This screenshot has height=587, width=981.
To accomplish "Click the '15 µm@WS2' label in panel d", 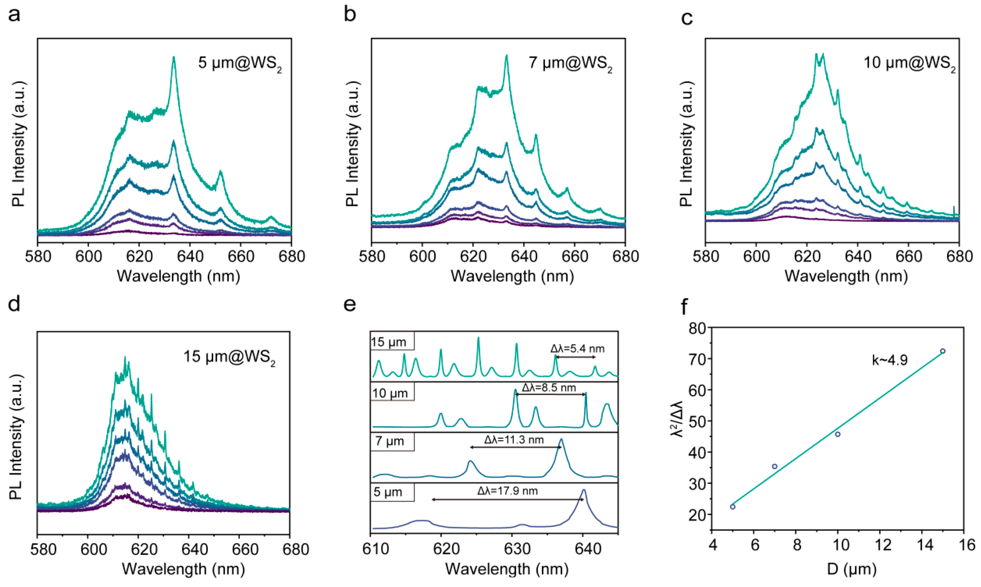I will pos(229,357).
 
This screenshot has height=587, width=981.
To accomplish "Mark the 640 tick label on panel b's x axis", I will pos(524,256).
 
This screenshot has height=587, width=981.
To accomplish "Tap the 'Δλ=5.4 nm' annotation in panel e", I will pos(578,349).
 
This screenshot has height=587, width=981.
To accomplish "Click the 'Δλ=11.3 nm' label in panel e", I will pos(514,440).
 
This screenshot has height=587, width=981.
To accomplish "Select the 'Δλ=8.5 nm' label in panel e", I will pos(549,388).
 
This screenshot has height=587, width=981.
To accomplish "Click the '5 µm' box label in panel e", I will pos(388,492).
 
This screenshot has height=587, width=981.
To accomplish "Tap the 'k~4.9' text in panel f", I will pos(890,360).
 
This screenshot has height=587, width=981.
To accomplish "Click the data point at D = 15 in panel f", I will pos(943,351).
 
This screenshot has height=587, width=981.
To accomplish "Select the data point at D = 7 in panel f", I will pos(774,466).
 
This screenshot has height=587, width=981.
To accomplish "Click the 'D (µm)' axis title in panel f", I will pos(851,569).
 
